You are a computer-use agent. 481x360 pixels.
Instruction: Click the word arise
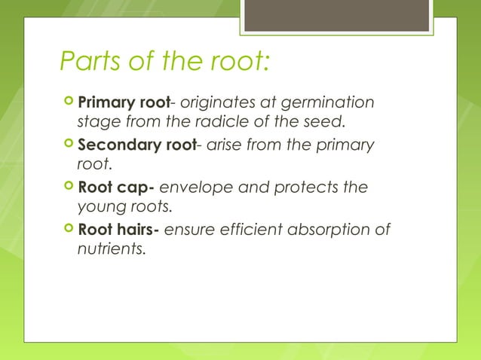pyautogui.click(x=225, y=145)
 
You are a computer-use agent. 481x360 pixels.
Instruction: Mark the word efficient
pyautogui.click(x=245, y=230)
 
